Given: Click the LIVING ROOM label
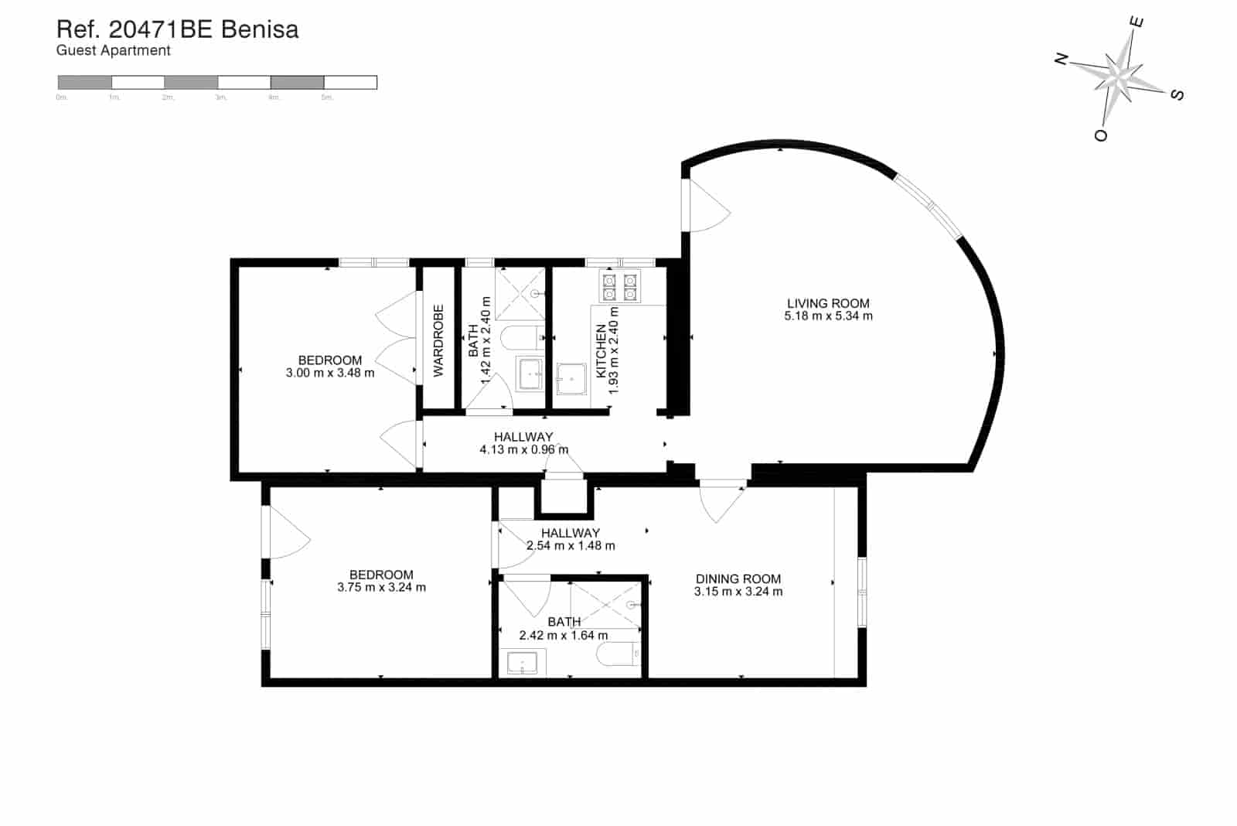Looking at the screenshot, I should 828,303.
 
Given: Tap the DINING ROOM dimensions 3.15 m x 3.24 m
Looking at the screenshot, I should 738,592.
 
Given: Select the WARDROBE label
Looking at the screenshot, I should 438,341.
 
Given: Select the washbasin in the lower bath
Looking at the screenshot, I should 523,663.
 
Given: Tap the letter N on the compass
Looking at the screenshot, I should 1062,59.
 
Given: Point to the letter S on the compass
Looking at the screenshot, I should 1177,94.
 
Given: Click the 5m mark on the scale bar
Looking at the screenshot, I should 326,97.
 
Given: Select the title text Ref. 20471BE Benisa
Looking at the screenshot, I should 178,29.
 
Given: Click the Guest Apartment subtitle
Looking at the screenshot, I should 114,51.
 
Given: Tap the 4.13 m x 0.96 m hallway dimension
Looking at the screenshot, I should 523,449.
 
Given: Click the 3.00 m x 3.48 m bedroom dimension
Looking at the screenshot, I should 330,373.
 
